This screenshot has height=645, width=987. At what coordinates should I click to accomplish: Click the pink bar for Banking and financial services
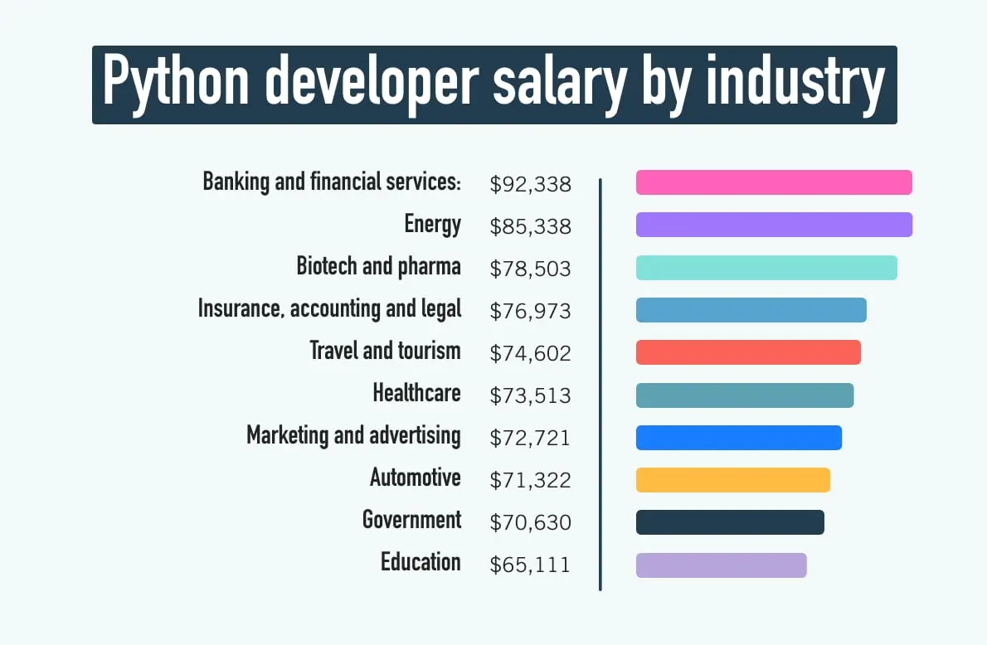coord(774,182)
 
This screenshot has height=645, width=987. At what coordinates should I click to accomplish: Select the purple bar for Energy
coord(774,225)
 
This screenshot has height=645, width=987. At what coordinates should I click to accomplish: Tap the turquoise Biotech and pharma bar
coord(766,268)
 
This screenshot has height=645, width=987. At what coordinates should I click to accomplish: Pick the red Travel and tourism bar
coord(748,352)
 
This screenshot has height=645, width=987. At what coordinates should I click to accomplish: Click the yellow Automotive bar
coord(733,480)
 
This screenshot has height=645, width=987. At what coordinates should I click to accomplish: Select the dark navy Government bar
coord(730,522)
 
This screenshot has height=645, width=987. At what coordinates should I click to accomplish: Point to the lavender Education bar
coord(721,565)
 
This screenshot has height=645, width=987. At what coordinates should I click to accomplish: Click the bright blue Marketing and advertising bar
coord(739,438)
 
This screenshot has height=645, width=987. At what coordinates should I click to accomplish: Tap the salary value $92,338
coord(531,184)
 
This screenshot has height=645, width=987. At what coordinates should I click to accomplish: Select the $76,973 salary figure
coord(531,311)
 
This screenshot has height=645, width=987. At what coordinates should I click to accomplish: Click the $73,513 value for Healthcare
coord(531,395)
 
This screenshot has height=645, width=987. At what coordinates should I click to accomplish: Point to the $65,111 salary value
coord(531,565)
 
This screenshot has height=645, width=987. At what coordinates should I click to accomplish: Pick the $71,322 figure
coord(531,481)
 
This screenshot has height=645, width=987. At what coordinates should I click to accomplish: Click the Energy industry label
coord(432,225)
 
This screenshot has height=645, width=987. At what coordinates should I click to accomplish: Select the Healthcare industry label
coord(416,392)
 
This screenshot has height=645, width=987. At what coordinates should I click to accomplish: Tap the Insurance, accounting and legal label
coord(329,309)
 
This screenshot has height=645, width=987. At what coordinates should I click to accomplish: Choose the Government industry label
coord(411,520)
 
